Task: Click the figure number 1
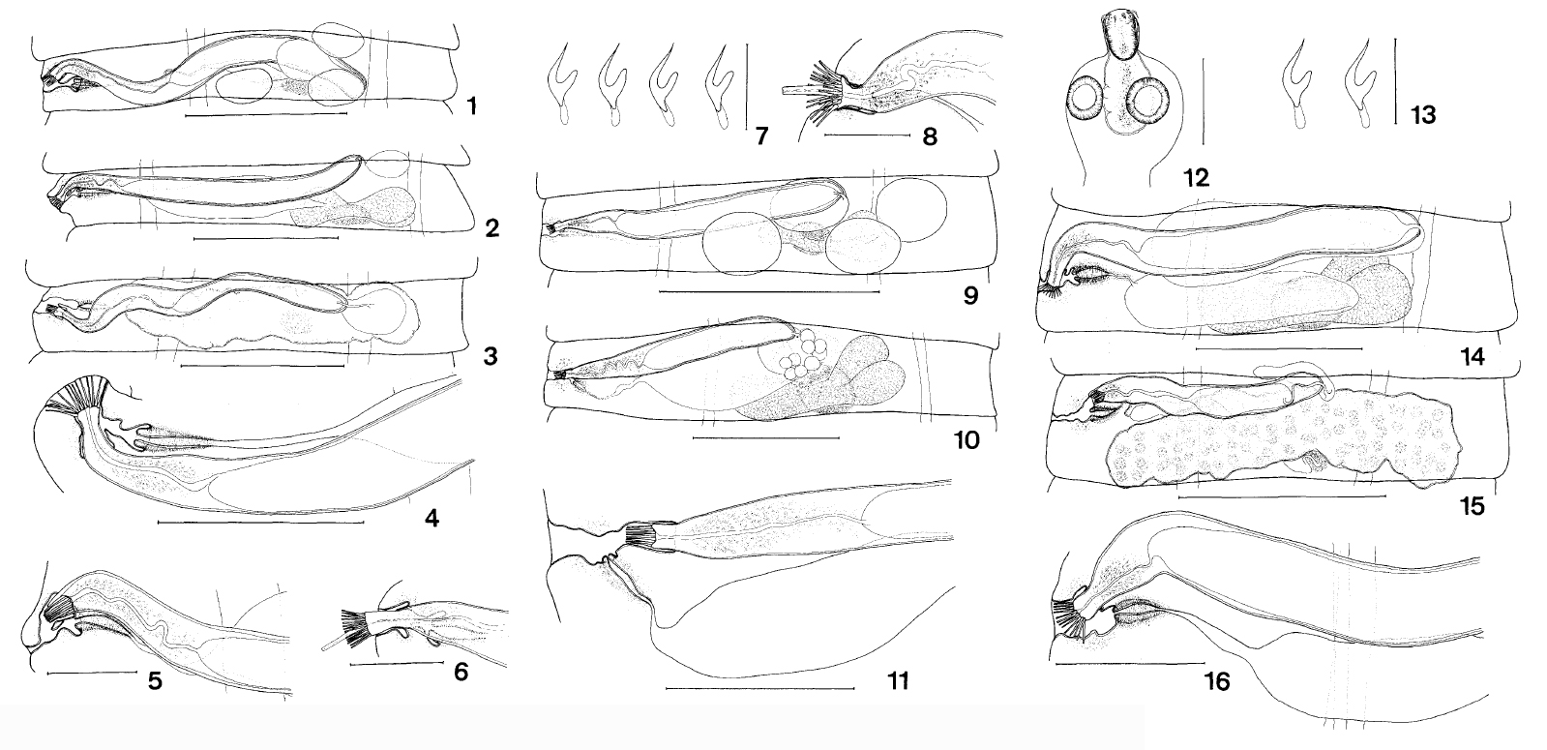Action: (x=471, y=107)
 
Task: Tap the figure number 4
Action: (x=431, y=518)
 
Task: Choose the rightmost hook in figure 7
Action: (x=719, y=87)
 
